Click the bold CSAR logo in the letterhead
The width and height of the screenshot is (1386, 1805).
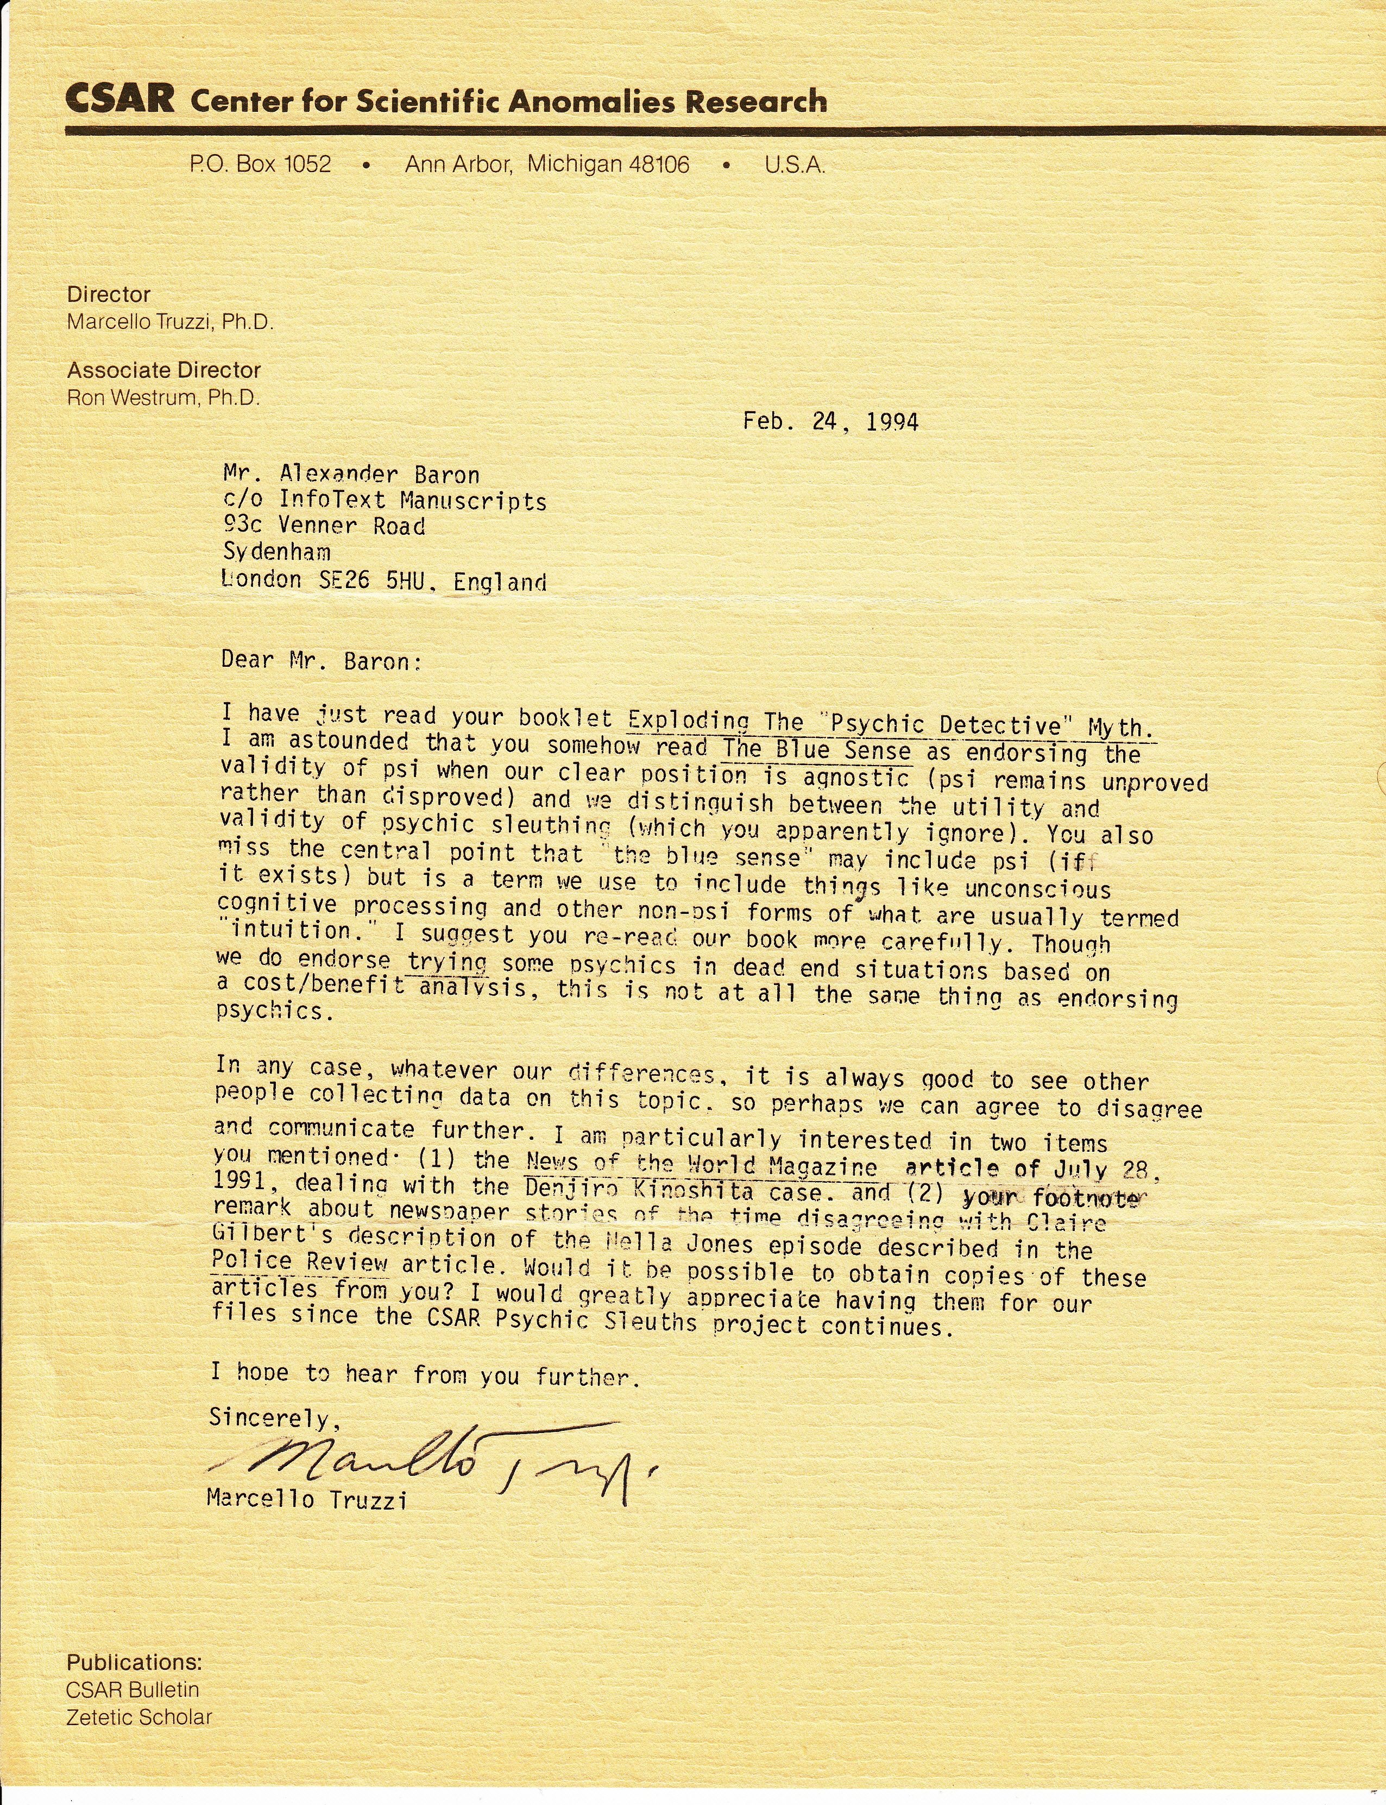(x=119, y=99)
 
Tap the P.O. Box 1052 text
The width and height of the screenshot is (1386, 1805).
(x=261, y=164)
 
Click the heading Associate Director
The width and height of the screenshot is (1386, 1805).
(x=164, y=370)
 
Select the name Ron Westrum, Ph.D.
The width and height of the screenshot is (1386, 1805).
(x=163, y=397)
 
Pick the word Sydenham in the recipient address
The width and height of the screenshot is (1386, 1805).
(x=276, y=551)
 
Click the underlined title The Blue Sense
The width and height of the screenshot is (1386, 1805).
(x=817, y=750)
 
